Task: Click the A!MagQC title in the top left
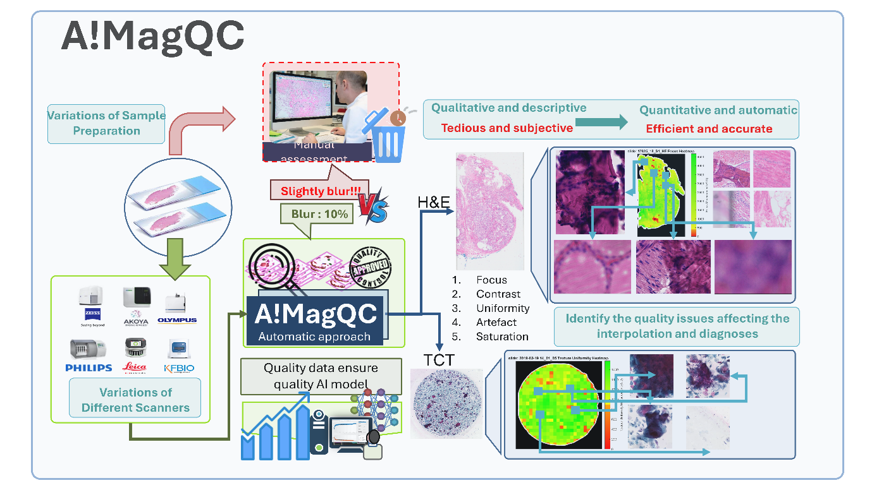[x=152, y=37]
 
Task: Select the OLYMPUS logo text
[x=177, y=320]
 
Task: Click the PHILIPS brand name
[x=89, y=367]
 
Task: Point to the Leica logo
[x=134, y=367]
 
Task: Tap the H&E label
[x=434, y=202]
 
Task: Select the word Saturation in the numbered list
[x=502, y=337]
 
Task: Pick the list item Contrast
[x=498, y=294]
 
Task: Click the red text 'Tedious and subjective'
[x=507, y=128]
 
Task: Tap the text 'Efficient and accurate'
[x=709, y=129]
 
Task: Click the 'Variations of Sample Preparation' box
[x=106, y=123]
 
